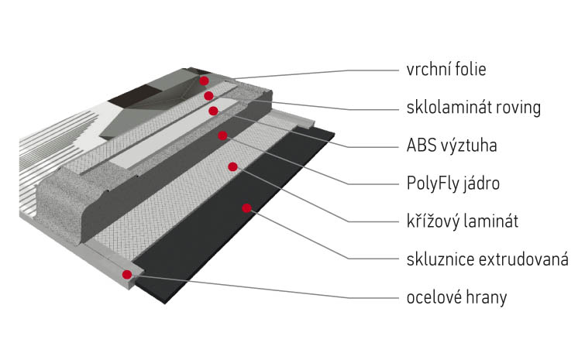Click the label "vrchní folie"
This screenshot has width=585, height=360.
pyautogui.click(x=446, y=70)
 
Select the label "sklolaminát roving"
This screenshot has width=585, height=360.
pyautogui.click(x=473, y=107)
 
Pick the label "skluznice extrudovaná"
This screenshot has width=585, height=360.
pyautogui.click(x=487, y=259)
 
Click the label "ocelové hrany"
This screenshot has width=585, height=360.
pyautogui.click(x=456, y=297)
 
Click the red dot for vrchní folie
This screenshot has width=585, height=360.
pyautogui.click(x=204, y=81)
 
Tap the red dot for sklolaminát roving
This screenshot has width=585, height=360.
pyautogui.click(x=209, y=95)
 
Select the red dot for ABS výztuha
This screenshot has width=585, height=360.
pyautogui.click(x=214, y=111)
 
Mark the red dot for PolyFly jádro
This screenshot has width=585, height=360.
pyautogui.click(x=223, y=136)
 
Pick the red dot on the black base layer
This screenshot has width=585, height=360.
pyautogui.click(x=247, y=207)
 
